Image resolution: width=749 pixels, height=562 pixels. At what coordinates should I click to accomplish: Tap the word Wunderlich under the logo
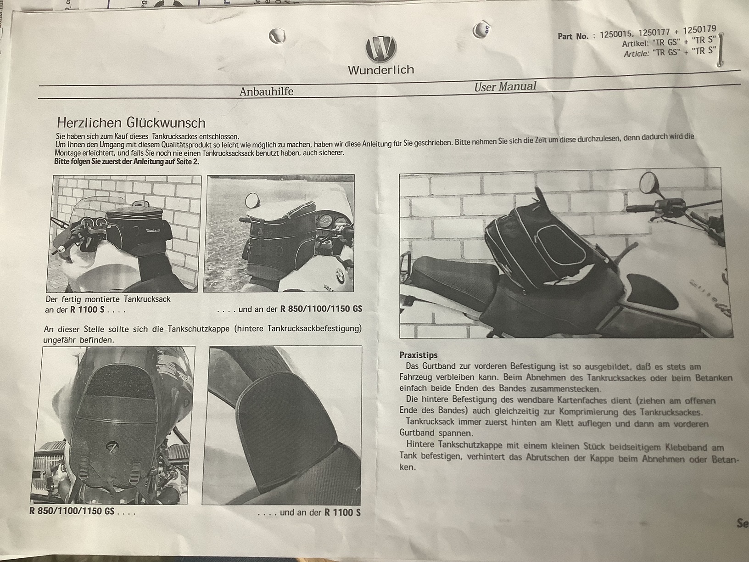pyautogui.click(x=381, y=70)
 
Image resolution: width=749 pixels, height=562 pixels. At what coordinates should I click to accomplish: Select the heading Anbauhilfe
pyautogui.click(x=266, y=91)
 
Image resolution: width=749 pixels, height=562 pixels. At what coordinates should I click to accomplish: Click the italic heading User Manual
pyautogui.click(x=505, y=86)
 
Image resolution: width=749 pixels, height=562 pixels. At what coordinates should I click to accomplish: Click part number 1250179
pyautogui.click(x=699, y=30)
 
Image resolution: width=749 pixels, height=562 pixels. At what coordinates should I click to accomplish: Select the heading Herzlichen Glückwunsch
pyautogui.click(x=131, y=123)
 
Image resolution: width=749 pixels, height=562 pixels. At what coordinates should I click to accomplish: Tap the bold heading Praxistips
pyautogui.click(x=419, y=355)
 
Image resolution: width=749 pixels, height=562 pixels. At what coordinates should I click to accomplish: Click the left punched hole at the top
pyautogui.click(x=277, y=36)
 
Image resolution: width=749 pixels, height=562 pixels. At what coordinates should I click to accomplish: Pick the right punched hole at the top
pyautogui.click(x=481, y=30)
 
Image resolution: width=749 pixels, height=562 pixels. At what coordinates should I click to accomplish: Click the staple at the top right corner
pyautogui.click(x=720, y=50)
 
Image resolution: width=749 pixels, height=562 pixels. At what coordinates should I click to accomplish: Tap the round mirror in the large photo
pyautogui.click(x=648, y=183)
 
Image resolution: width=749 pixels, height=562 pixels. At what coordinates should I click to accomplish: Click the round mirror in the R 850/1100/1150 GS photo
pyautogui.click(x=252, y=201)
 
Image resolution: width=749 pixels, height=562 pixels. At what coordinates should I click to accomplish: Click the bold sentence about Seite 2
pyautogui.click(x=127, y=162)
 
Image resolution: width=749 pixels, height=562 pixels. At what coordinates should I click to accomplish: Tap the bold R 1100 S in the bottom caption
pyautogui.click(x=342, y=512)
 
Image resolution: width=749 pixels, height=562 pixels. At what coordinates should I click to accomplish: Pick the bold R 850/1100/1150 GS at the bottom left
pyautogui.click(x=72, y=511)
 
